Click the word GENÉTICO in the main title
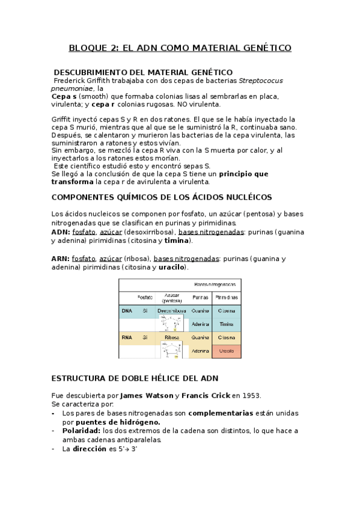[x=261, y=48]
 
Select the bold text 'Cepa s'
[x=64, y=96]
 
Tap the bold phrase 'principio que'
[x=243, y=174]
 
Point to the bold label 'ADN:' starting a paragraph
[x=61, y=232]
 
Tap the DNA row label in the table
[x=127, y=311]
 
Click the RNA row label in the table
[x=127, y=338]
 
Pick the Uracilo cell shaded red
[x=227, y=351]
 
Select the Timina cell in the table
[x=227, y=324]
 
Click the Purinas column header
[x=200, y=298]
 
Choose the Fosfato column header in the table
[x=145, y=298]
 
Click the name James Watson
[x=147, y=396]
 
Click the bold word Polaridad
[x=81, y=431]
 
